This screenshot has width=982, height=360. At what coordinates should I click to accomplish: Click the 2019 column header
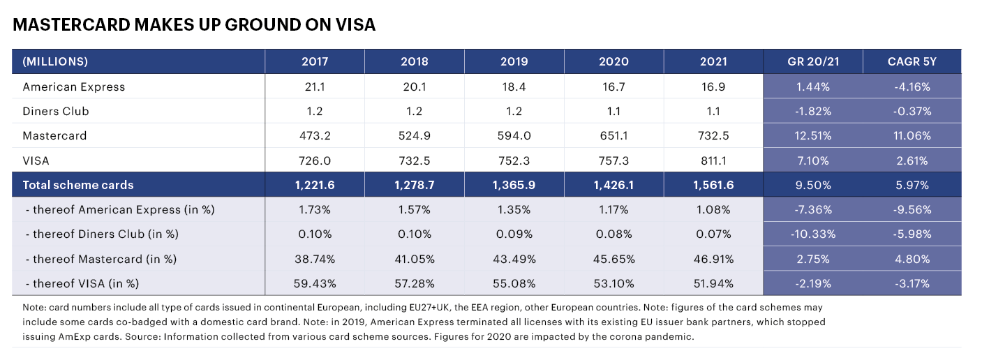(514, 61)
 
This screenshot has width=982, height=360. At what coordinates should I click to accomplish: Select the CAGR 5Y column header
(912, 61)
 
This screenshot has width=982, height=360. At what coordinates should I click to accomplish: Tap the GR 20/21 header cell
(813, 61)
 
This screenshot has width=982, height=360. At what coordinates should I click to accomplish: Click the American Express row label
(74, 87)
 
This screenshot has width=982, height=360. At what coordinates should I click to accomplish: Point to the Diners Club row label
(56, 111)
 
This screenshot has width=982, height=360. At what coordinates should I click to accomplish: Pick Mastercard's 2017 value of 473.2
(315, 135)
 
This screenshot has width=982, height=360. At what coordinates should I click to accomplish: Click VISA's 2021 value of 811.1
(713, 160)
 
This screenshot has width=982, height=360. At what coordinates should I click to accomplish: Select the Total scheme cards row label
(78, 185)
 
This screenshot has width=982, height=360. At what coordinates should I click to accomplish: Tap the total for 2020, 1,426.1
(613, 185)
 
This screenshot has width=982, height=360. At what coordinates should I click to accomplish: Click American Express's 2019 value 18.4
(514, 87)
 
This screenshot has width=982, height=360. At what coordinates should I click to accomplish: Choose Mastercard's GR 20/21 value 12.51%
(813, 135)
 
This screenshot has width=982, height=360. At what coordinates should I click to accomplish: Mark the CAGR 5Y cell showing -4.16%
(912, 87)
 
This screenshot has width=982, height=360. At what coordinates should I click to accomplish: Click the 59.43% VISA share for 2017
(315, 283)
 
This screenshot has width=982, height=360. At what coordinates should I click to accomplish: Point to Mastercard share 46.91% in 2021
(713, 259)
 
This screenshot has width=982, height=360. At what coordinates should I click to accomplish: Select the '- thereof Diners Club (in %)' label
(91, 234)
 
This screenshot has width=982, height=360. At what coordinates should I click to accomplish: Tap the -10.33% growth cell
(813, 234)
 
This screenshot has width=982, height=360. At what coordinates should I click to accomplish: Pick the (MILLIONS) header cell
(55, 61)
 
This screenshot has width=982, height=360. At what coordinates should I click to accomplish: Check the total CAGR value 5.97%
(912, 185)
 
